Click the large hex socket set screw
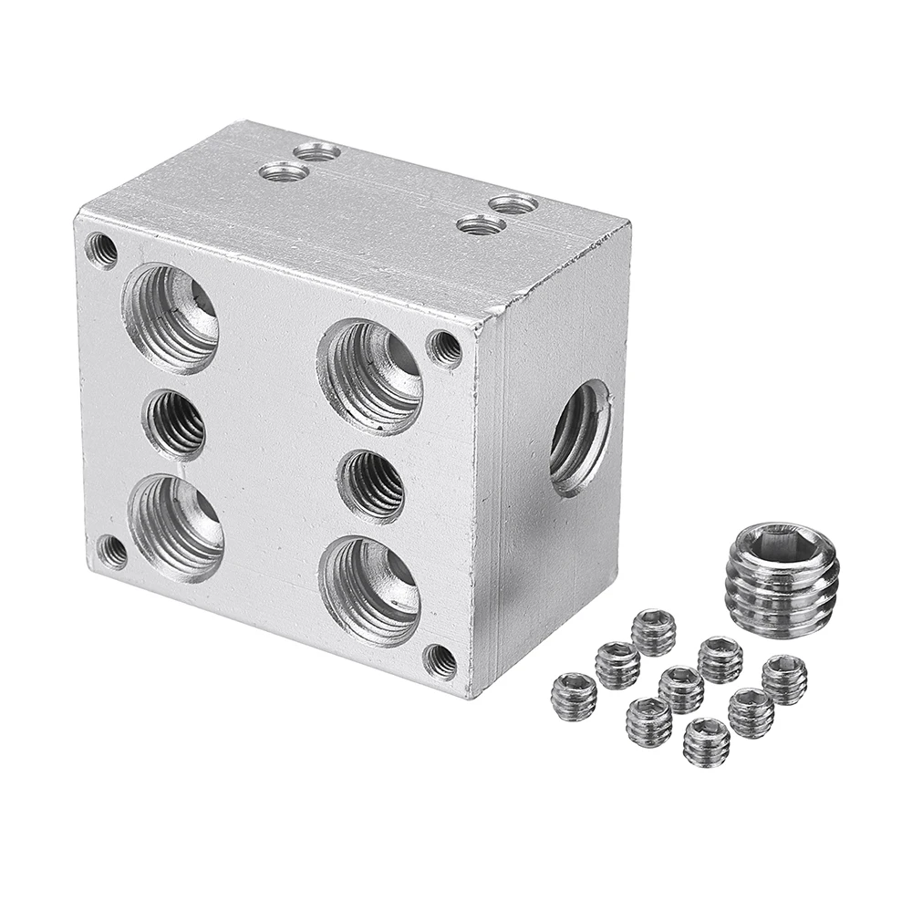point(782,580)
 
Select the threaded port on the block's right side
point(580,437)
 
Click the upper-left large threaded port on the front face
point(171,318)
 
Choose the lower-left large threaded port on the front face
point(177,528)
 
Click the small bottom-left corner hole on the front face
point(113,551)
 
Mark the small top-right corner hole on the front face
point(444,347)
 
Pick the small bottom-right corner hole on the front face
point(440,660)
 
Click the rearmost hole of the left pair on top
point(317,152)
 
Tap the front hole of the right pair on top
point(481,224)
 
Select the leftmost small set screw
point(574,696)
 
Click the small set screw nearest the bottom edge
point(707,741)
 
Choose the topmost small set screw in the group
point(654,631)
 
